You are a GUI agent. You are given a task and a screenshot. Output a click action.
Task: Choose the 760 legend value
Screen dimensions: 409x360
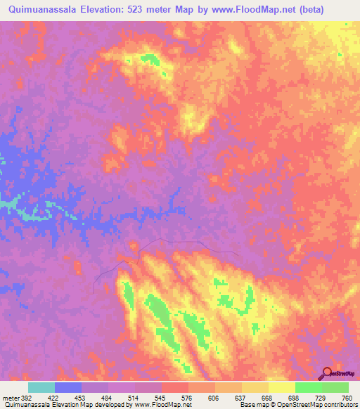[x=347, y=398]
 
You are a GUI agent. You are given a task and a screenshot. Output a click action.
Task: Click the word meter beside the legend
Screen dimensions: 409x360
[x=9, y=398]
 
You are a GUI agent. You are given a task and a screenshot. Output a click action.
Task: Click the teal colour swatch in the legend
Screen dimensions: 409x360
[x=41, y=387]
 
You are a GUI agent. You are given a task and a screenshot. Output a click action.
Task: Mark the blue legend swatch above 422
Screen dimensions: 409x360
[x=68, y=387]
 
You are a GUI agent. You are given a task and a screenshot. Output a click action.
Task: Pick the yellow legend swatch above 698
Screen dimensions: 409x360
[x=282, y=387]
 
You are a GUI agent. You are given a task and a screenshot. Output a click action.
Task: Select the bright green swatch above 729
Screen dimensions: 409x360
[x=309, y=387]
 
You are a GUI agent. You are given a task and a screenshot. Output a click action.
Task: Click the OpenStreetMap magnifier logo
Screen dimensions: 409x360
[x=326, y=374]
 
